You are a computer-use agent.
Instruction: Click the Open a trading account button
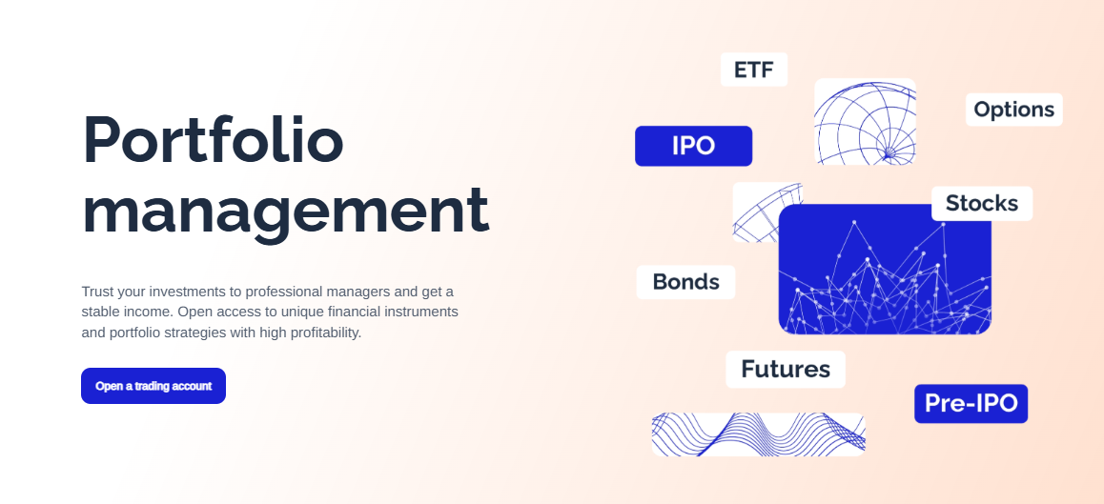point(153,386)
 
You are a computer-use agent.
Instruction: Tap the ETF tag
point(754,70)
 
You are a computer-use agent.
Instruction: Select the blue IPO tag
point(693,146)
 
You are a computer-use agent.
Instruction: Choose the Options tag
point(1013,110)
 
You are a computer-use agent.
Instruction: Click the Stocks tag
point(982,204)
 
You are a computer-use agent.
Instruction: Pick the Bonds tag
point(685,282)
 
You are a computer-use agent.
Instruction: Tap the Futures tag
point(786,370)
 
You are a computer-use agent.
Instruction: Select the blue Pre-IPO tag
point(971,403)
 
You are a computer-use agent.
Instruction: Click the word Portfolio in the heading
point(214,141)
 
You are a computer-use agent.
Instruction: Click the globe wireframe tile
point(866,122)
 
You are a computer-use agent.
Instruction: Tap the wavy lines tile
point(758,434)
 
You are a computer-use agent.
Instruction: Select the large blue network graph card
point(885,269)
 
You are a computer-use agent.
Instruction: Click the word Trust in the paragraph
point(97,292)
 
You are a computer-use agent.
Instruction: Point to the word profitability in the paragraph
point(322,333)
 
